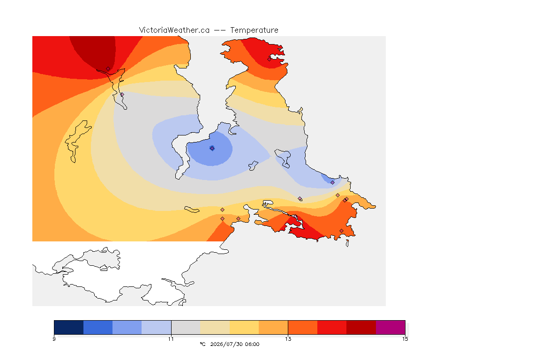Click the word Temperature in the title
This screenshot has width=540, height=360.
(254, 30)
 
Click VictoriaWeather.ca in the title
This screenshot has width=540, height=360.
(174, 30)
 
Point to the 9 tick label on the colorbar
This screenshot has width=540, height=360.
(54, 339)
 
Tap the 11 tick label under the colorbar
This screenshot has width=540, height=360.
(171, 339)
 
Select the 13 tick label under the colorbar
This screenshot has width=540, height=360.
(288, 339)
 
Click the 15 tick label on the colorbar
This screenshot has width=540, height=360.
(405, 339)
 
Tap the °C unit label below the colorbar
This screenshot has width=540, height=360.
(203, 344)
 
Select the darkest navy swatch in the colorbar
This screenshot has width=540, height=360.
(69, 327)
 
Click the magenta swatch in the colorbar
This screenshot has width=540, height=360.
(390, 327)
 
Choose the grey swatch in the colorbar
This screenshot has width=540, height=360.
(186, 327)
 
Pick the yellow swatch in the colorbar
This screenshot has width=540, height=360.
(244, 327)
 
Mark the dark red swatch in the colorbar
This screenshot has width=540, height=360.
(361, 327)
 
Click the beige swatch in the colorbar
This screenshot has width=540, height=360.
(215, 327)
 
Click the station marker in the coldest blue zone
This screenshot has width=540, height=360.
(212, 148)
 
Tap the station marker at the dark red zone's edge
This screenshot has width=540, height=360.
(108, 69)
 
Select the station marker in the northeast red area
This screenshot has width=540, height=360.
(270, 59)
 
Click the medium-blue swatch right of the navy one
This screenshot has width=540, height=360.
(98, 327)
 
